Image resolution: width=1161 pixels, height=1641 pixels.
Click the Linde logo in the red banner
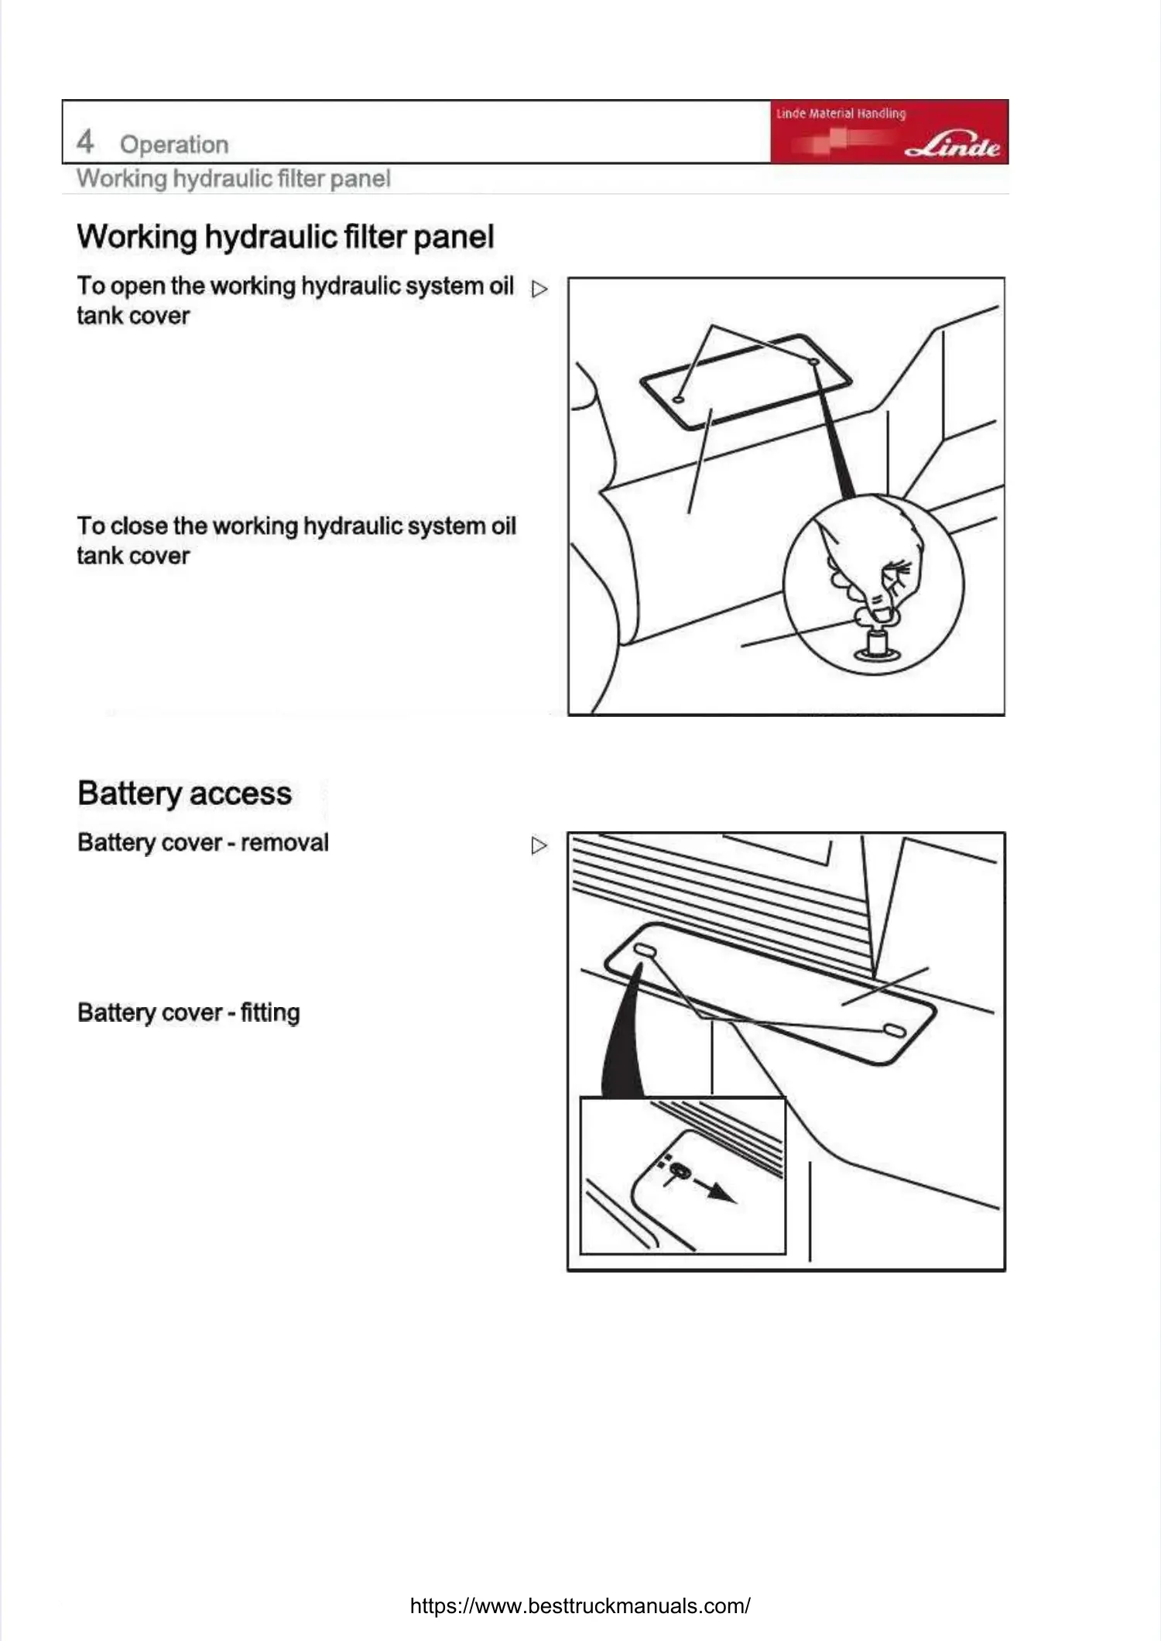pos(953,145)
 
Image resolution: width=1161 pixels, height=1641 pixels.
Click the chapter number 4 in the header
pos(85,142)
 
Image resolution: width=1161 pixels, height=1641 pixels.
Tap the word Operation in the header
pos(174,145)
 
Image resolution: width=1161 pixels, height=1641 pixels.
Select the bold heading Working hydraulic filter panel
pos(285,237)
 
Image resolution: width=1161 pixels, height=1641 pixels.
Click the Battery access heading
pos(184,793)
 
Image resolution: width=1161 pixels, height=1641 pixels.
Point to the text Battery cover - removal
pos(203,842)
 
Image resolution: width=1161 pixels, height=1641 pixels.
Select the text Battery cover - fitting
pos(188,1012)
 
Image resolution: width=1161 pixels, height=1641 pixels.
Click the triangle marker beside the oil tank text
pos(539,289)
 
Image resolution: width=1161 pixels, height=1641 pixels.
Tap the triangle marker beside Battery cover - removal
pos(539,845)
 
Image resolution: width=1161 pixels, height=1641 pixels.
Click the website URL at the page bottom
pos(580,1605)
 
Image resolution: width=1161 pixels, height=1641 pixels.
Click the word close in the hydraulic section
pos(139,526)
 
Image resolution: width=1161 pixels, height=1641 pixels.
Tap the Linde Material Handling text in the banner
pos(841,114)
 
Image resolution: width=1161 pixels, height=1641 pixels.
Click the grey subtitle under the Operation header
pos(233,179)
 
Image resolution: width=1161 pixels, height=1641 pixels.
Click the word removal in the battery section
pos(284,842)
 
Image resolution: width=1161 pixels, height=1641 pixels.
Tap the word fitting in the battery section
pos(269,1012)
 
